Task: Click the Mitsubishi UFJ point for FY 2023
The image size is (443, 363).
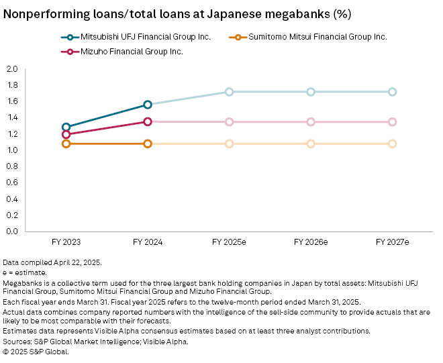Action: click(x=66, y=127)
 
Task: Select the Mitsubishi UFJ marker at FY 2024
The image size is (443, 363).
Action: click(x=148, y=105)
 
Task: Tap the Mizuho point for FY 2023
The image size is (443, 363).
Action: click(x=66, y=134)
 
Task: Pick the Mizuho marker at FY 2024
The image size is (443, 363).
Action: click(x=148, y=121)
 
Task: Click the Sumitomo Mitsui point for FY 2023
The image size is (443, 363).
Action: click(x=66, y=144)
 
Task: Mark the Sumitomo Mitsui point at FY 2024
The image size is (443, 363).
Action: click(x=148, y=144)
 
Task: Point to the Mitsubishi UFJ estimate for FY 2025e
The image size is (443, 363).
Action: click(x=229, y=92)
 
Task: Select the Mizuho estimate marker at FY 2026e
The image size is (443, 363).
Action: click(x=311, y=122)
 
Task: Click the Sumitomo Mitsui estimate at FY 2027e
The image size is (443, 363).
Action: click(x=392, y=144)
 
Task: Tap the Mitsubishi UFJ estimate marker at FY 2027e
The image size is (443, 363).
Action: click(x=392, y=92)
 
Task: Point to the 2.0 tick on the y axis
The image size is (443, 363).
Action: click(x=12, y=69)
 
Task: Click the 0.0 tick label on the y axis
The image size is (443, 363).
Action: click(x=12, y=231)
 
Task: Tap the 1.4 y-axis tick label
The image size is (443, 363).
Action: click(x=12, y=117)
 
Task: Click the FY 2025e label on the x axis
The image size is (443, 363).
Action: click(x=229, y=242)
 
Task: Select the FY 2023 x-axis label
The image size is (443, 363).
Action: click(x=66, y=242)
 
